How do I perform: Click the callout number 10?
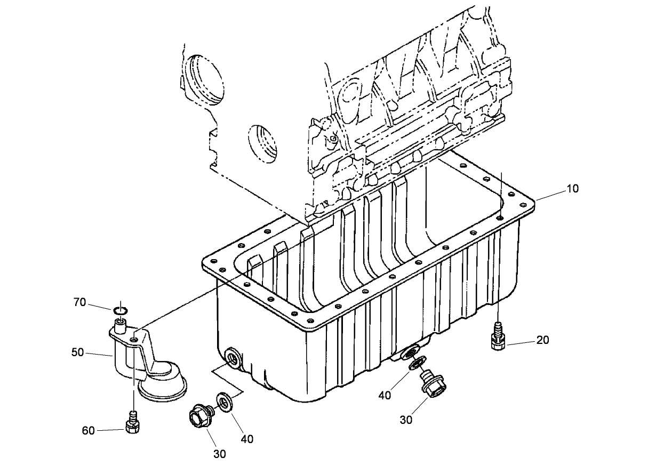click(x=572, y=189)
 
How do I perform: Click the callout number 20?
click(x=543, y=340)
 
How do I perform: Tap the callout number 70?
click(x=79, y=303)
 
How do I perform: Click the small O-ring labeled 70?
click(x=121, y=310)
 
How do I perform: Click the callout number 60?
click(x=89, y=430)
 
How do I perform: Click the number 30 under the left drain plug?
click(x=220, y=454)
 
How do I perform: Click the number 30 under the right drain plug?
click(x=406, y=420)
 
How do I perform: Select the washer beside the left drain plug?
click(x=224, y=403)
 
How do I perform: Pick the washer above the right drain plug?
click(x=415, y=364)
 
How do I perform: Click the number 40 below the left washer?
click(x=246, y=439)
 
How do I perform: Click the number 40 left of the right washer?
click(x=386, y=395)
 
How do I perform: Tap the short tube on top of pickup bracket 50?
click(x=120, y=324)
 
